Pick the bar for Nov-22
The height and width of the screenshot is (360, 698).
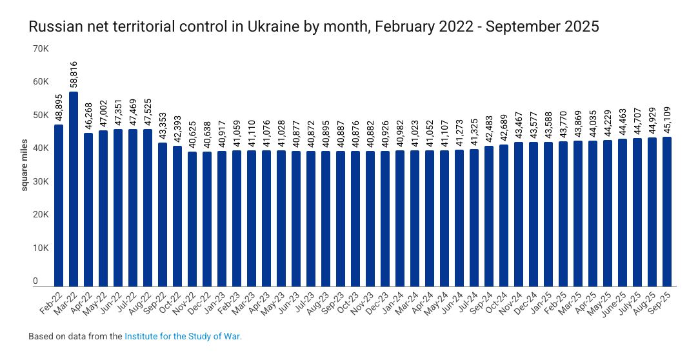click(x=192, y=219)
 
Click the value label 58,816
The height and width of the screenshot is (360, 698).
click(x=74, y=74)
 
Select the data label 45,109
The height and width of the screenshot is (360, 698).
click(x=667, y=120)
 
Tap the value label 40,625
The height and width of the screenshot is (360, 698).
click(x=192, y=135)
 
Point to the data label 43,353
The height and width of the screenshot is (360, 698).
click(x=163, y=126)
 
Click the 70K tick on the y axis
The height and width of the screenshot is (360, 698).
click(x=40, y=48)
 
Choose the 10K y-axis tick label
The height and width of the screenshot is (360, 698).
click(x=40, y=248)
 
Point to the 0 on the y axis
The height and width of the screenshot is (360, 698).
click(x=45, y=281)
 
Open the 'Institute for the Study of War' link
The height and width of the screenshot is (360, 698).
click(x=183, y=336)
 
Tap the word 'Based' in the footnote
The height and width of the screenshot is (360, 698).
click(x=39, y=336)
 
